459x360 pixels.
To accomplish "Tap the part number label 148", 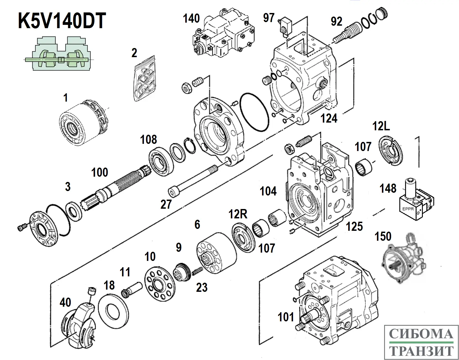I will pyautogui.click(x=388, y=189).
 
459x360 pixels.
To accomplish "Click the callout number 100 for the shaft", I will pyautogui.click(x=99, y=173).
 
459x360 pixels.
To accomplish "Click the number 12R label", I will pyautogui.click(x=238, y=214).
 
